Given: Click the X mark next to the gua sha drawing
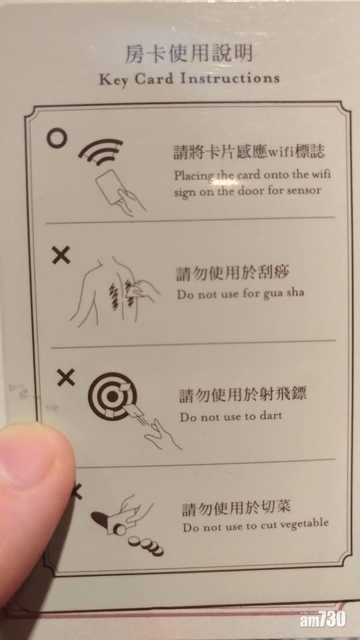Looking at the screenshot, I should click(61, 255).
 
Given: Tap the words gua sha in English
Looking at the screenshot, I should click(283, 293).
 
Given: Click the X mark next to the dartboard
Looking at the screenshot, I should click(65, 377).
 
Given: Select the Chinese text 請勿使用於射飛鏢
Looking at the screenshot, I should click(242, 395).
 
